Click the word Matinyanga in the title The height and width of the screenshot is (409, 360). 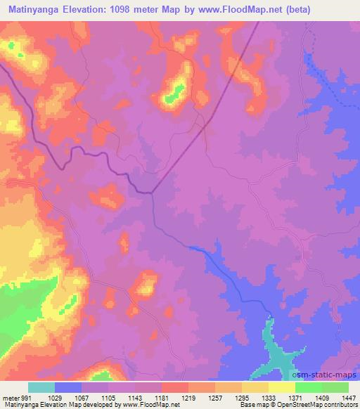click(37, 9)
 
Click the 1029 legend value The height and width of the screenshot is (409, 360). click(56, 397)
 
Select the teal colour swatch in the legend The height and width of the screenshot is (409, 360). click(41, 387)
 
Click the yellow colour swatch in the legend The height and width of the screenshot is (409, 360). click(282, 387)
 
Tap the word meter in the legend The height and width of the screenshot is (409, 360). click(9, 397)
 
